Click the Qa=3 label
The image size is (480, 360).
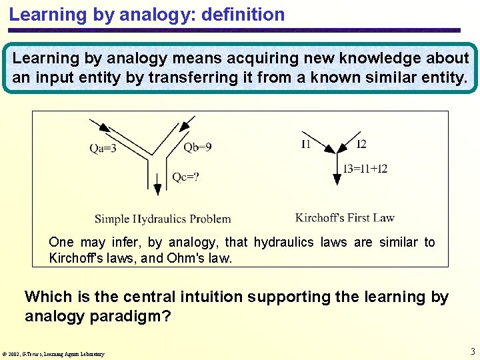(103, 149)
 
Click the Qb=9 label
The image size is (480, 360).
(197, 147)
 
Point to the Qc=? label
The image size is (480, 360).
(186, 177)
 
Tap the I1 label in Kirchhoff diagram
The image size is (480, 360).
(305, 144)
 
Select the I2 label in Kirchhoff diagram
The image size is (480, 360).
(361, 144)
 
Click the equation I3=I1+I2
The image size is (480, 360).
(365, 169)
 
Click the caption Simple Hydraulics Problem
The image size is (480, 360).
(163, 219)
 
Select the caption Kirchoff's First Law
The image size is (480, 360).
(345, 217)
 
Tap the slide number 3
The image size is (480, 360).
(473, 351)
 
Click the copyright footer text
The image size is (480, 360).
(53, 353)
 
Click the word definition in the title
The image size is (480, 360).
(245, 14)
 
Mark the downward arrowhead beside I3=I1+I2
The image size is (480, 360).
(335, 178)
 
